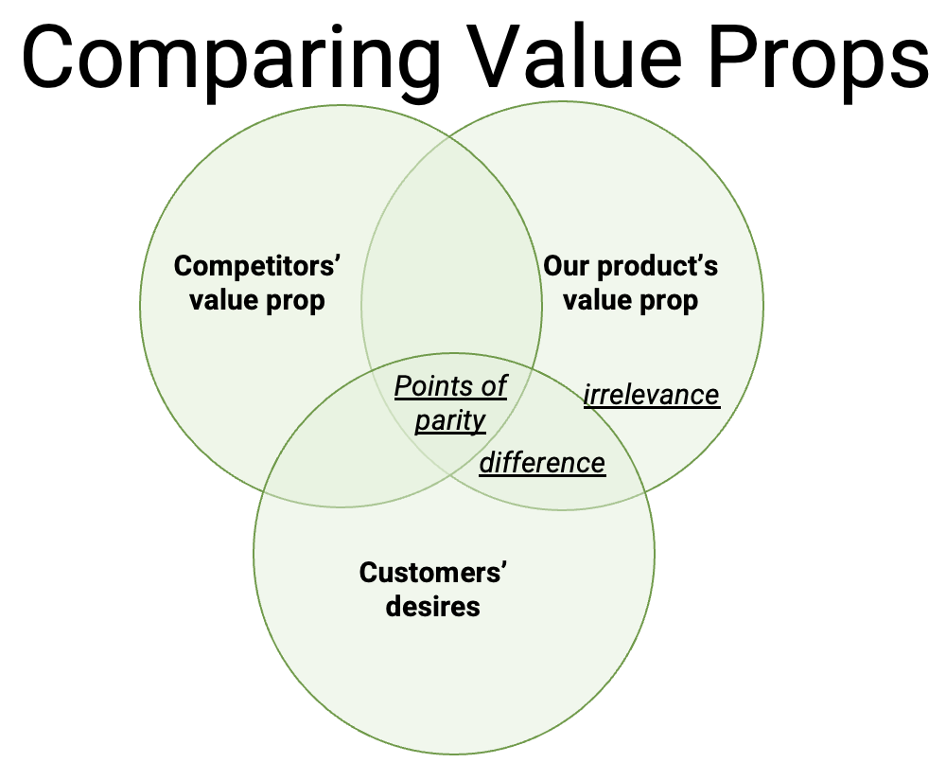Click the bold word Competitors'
pyautogui.click(x=256, y=266)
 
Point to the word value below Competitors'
pyautogui.click(x=224, y=301)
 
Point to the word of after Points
pyautogui.click(x=494, y=386)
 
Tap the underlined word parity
pyautogui.click(x=450, y=420)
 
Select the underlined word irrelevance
pyautogui.click(x=651, y=394)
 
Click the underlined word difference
pyautogui.click(x=542, y=462)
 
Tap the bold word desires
pyautogui.click(x=433, y=606)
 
